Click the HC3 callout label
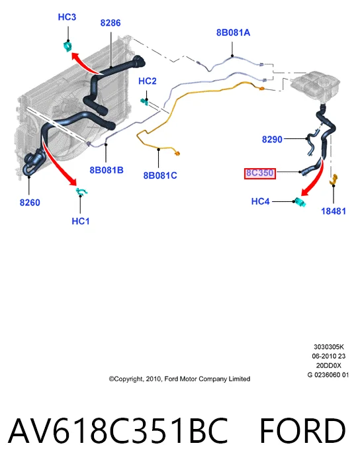pos(67,17)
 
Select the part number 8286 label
pos(111,23)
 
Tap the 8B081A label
pos(233,32)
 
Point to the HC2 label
pos(147,81)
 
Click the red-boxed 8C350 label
pos(260,173)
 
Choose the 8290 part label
pos(272,140)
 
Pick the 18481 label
pos(334,211)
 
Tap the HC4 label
pos(260,201)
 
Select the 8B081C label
pos(160,175)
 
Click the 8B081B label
pos(107,170)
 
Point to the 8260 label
pos(30,203)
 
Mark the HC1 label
pos(81,221)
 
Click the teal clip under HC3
pos(68,46)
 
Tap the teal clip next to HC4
pos(300,202)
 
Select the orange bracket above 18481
pos(334,179)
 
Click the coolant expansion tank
pos(315,83)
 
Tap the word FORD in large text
pos(302,431)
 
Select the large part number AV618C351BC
pos(118,431)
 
